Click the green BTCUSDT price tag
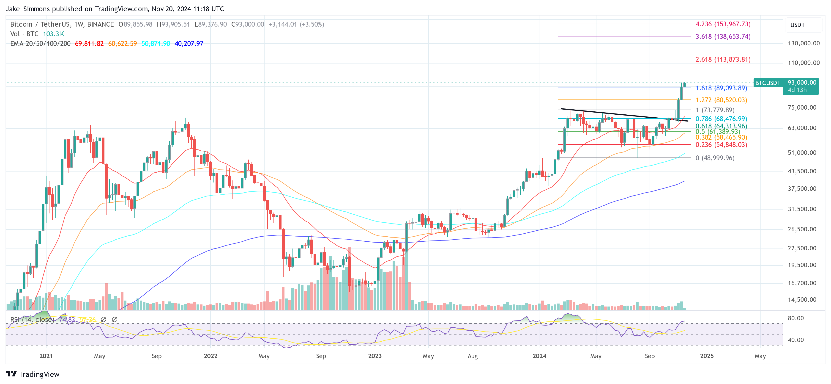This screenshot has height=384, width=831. click(x=768, y=83)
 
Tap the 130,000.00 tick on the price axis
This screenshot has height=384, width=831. click(x=804, y=43)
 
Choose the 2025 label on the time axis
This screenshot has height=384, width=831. click(x=706, y=356)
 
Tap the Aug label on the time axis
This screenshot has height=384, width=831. click(x=473, y=356)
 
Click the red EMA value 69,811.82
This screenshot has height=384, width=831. click(x=89, y=44)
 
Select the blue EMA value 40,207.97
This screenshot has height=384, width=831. click(x=189, y=44)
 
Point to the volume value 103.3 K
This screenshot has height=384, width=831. click(x=54, y=34)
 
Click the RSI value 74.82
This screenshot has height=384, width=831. click(x=67, y=319)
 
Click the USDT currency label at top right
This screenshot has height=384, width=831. click(x=798, y=25)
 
